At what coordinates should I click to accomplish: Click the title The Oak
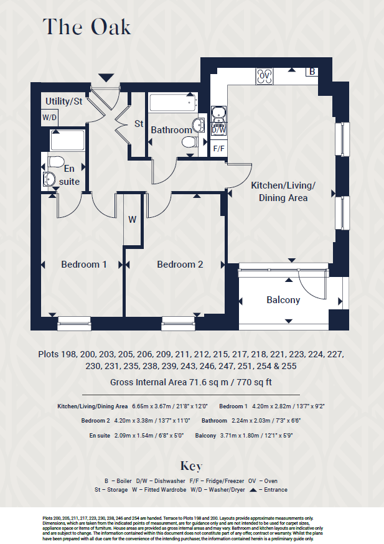tap(87, 27)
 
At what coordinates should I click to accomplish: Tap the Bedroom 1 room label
tap(84, 265)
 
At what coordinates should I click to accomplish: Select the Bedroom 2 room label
tap(180, 265)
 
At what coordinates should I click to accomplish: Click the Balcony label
tap(283, 300)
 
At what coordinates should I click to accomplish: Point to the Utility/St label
tap(63, 101)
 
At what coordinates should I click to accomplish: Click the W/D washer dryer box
tap(49, 117)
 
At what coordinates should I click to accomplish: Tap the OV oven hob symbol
tap(264, 75)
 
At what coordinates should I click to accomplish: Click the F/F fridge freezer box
tap(218, 149)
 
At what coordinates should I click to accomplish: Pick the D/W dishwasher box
tap(218, 130)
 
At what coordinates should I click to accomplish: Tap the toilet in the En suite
tap(54, 162)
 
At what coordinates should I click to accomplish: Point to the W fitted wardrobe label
tap(133, 220)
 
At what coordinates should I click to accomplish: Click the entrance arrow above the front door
tap(107, 77)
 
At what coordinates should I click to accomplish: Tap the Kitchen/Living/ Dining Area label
tap(283, 192)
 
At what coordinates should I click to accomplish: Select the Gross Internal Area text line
tap(191, 382)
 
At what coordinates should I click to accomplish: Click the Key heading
tap(191, 466)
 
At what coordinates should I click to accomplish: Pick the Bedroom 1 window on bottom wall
tap(73, 322)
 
